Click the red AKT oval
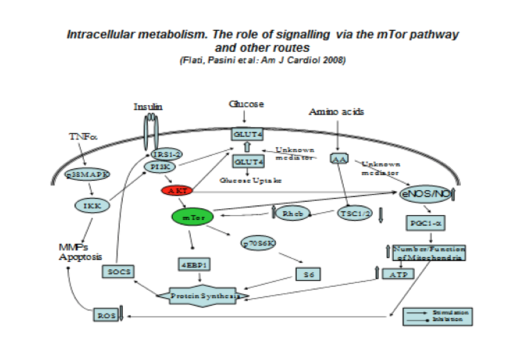pos(176,191)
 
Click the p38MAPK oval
pos(88,174)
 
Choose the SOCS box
pos(117,271)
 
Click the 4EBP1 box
pos(194,265)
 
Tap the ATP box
pos(398,273)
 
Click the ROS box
pos(106,315)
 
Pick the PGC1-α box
pos(423,223)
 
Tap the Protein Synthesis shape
pos(204,295)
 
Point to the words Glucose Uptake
pos(251,180)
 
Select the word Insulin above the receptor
pos(148,107)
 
